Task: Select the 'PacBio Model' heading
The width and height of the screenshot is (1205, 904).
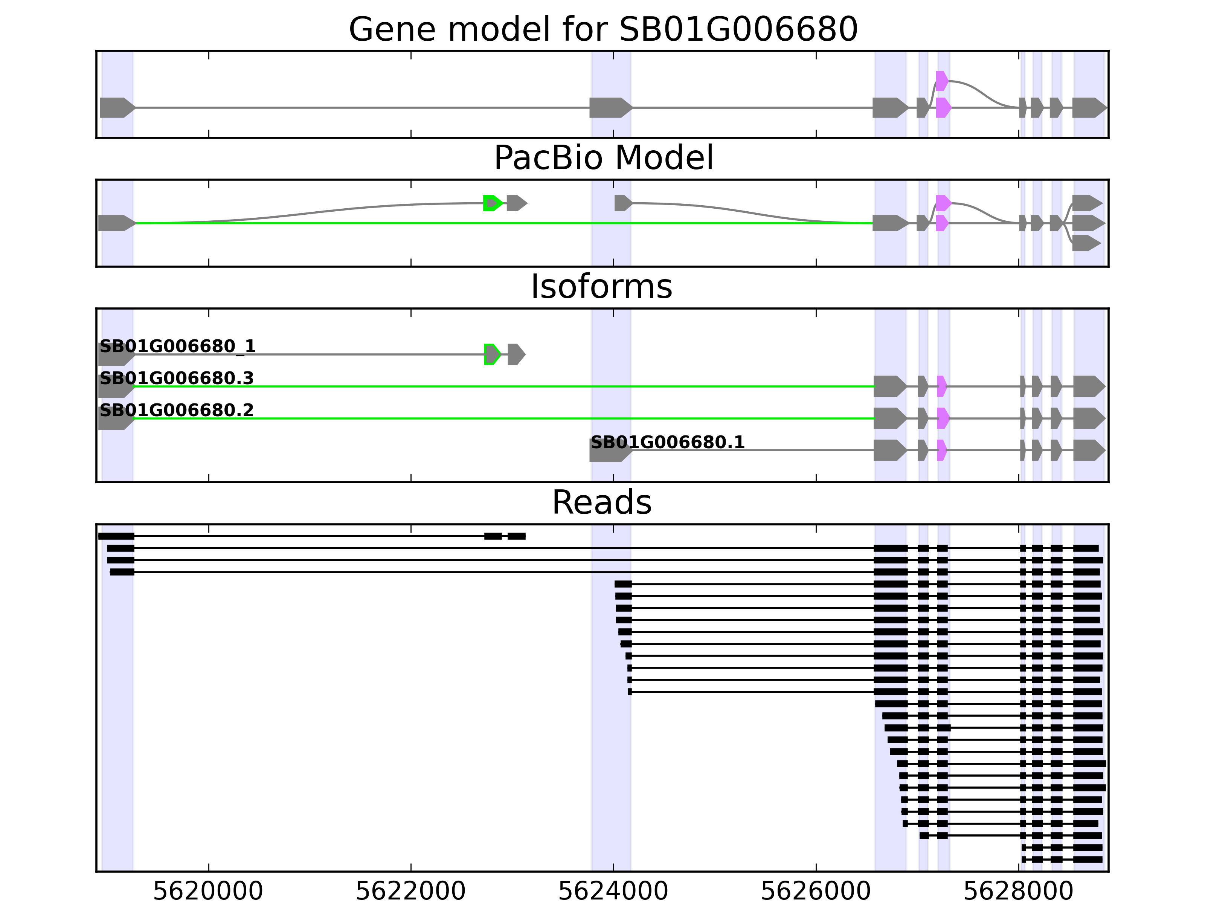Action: pos(603,158)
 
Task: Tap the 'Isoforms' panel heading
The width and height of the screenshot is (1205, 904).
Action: pos(601,287)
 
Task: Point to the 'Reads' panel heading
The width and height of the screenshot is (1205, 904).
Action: pos(601,502)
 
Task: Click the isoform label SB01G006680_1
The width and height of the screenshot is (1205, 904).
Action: pos(178,347)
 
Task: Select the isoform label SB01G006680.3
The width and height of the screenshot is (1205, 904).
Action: pos(177,378)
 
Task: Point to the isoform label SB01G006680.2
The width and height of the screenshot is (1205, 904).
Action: pos(177,410)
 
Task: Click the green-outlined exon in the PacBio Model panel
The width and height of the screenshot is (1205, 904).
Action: pos(492,203)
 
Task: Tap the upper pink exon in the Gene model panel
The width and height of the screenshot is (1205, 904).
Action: pos(942,81)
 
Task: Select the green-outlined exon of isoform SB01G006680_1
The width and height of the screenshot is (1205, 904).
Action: pos(492,354)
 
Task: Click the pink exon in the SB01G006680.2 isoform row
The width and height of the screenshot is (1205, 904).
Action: pos(943,418)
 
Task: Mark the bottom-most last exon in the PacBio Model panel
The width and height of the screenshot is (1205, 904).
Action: pos(1086,243)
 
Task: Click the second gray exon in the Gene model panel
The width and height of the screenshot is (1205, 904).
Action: pos(610,108)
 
